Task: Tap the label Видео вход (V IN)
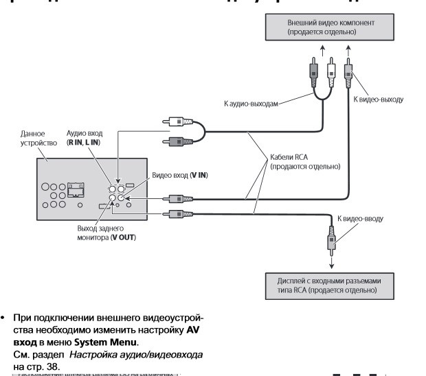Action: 179,176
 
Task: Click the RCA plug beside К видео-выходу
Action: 348,71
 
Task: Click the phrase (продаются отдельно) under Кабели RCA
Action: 305,166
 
